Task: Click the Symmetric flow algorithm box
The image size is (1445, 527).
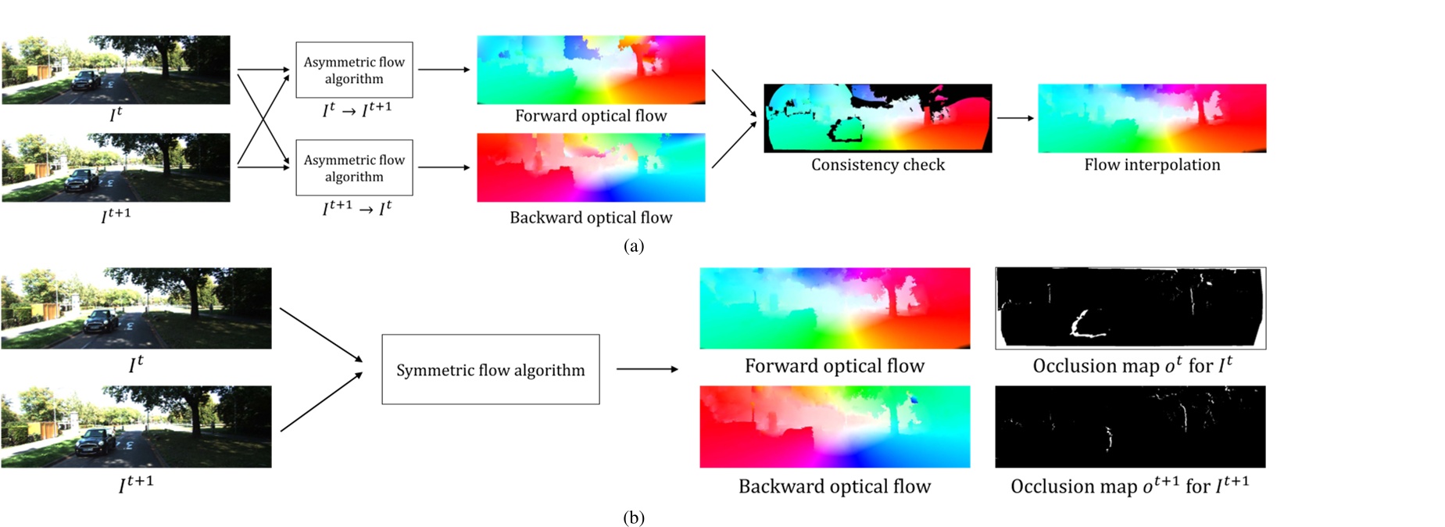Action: point(491,369)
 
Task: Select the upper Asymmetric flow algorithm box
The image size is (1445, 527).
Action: point(354,70)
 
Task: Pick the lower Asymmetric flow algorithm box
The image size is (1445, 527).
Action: point(354,167)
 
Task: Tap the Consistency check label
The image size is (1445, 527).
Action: point(878,165)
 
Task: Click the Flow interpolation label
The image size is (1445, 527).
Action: point(1152,165)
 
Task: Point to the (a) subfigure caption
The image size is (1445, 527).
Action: point(634,246)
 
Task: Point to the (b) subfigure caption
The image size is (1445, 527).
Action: point(634,518)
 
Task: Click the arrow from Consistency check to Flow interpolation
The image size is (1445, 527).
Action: point(1015,118)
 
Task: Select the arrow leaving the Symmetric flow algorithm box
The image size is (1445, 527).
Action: point(647,369)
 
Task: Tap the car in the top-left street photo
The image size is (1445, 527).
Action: point(86,81)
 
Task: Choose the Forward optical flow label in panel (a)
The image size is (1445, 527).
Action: point(591,116)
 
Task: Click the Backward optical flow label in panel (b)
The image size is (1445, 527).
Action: point(835,486)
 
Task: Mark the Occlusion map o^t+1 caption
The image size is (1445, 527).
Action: point(1130,486)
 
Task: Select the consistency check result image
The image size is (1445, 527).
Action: point(878,118)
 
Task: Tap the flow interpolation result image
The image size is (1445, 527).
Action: point(1152,118)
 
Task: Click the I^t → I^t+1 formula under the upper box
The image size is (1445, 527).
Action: point(357,109)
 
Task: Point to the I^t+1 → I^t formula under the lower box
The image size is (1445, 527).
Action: point(357,208)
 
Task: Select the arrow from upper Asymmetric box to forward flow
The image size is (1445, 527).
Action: point(444,70)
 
